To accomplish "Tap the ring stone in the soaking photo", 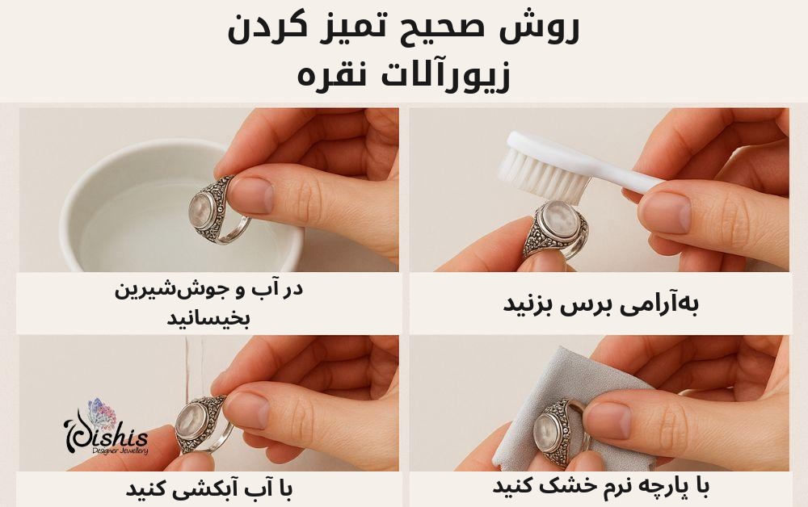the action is [201, 210].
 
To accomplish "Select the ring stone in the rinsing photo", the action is [190, 421].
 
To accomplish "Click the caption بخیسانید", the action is [208, 318].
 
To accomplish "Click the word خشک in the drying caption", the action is [560, 485].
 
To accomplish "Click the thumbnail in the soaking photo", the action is [251, 196].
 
